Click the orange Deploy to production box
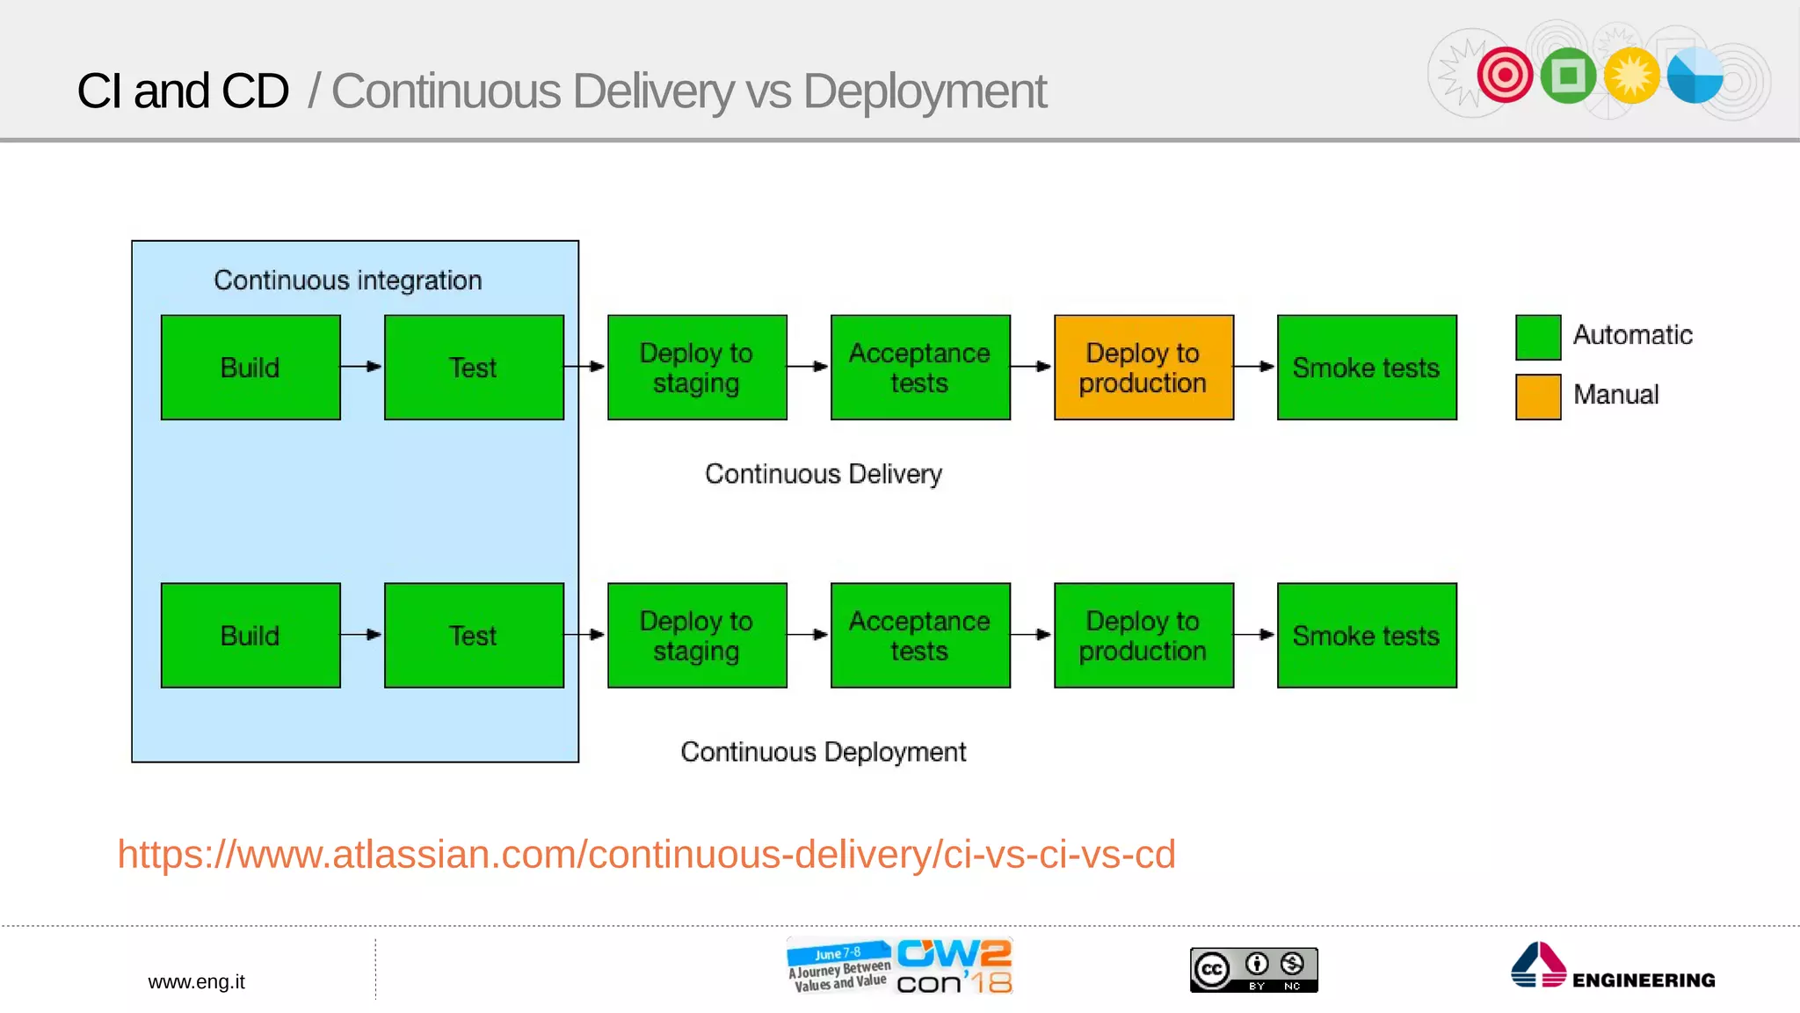1143,368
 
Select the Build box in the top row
250,368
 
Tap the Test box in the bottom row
474,635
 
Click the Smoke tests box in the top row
1367,368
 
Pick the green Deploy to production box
1143,635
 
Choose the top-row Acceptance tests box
920,368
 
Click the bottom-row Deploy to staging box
697,635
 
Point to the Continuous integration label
348,281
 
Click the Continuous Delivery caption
824,474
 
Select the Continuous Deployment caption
824,752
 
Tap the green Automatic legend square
1538,338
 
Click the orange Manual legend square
1538,397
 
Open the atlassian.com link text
646,854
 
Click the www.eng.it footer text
196,981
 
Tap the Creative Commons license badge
1253,970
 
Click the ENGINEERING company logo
1613,967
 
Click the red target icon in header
1505,75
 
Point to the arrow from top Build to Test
361,367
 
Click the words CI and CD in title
183,91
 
